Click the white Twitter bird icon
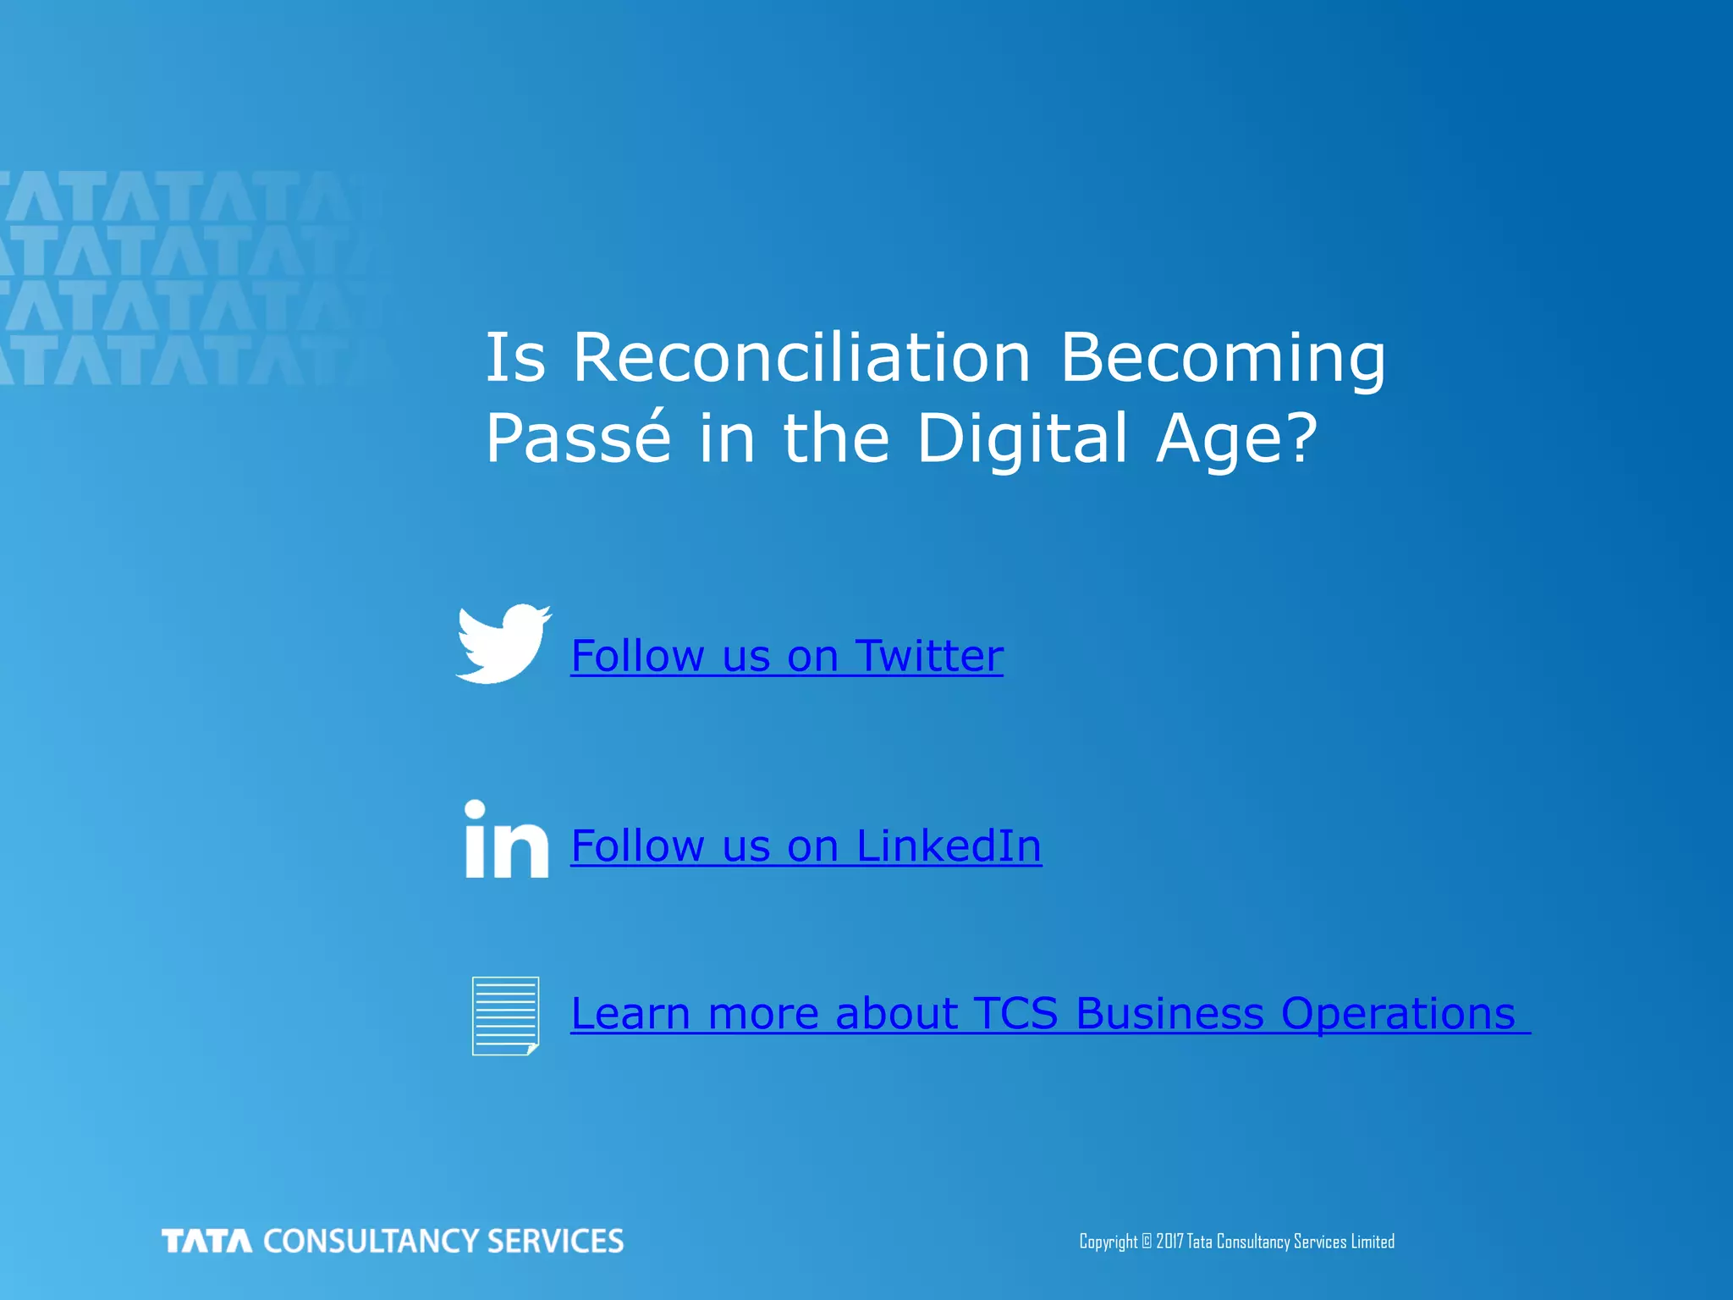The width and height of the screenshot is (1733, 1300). [x=503, y=644]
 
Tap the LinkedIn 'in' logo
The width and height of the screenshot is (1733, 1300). [x=506, y=840]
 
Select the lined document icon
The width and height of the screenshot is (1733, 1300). [x=505, y=1016]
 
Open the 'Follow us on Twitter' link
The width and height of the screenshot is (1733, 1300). [x=787, y=656]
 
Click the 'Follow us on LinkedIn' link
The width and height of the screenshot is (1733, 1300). [x=806, y=846]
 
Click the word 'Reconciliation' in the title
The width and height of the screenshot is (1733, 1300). [x=801, y=357]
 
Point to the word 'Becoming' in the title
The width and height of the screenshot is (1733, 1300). [x=1223, y=359]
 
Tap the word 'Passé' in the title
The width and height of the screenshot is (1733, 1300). [x=578, y=438]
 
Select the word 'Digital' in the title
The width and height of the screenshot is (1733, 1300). [x=1022, y=439]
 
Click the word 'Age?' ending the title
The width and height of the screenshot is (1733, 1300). [x=1237, y=439]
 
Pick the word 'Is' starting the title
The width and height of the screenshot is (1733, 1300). [x=514, y=357]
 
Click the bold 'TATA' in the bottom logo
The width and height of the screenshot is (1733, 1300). [x=207, y=1242]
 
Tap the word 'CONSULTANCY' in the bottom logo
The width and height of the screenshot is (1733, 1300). [x=371, y=1242]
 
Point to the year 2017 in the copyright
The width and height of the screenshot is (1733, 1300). [x=1169, y=1242]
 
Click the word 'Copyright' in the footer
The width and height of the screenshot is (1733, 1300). [x=1108, y=1242]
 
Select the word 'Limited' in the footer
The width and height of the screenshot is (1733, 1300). [x=1373, y=1242]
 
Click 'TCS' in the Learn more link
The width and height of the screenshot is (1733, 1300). [x=1015, y=1013]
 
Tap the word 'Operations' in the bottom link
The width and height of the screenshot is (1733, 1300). [x=1398, y=1013]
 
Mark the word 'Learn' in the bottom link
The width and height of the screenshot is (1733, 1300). [x=630, y=1013]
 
